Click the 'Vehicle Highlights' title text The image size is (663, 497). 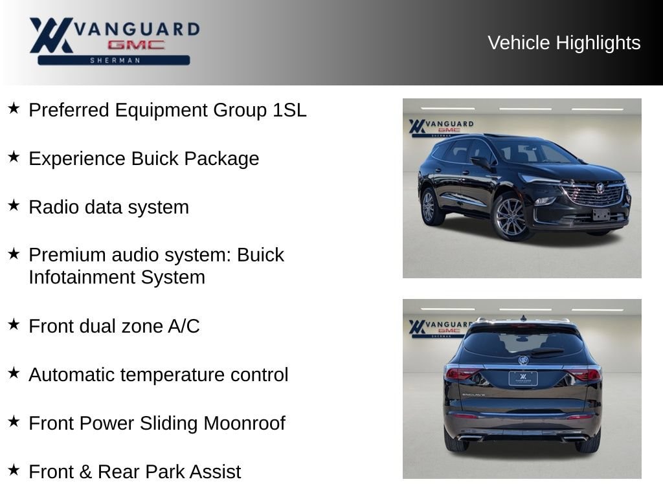tap(564, 43)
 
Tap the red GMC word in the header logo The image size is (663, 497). tap(136, 45)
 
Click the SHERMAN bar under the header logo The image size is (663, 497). tap(114, 60)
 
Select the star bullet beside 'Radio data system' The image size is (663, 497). tap(14, 205)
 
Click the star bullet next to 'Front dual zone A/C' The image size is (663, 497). tap(14, 325)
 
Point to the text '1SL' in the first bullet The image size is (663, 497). tap(289, 110)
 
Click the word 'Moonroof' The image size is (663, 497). tap(244, 423)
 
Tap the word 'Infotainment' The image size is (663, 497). tap(82, 277)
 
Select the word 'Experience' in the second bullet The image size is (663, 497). tap(77, 159)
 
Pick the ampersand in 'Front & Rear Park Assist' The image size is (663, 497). tap(85, 472)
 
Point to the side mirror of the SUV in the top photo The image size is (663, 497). tap(480, 162)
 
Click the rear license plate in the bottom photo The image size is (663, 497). tap(523, 378)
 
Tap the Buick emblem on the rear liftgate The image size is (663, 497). tap(523, 360)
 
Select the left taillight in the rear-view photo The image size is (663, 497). tap(462, 374)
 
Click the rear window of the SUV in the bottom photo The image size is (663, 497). tap(523, 343)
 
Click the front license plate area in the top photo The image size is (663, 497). tap(601, 215)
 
